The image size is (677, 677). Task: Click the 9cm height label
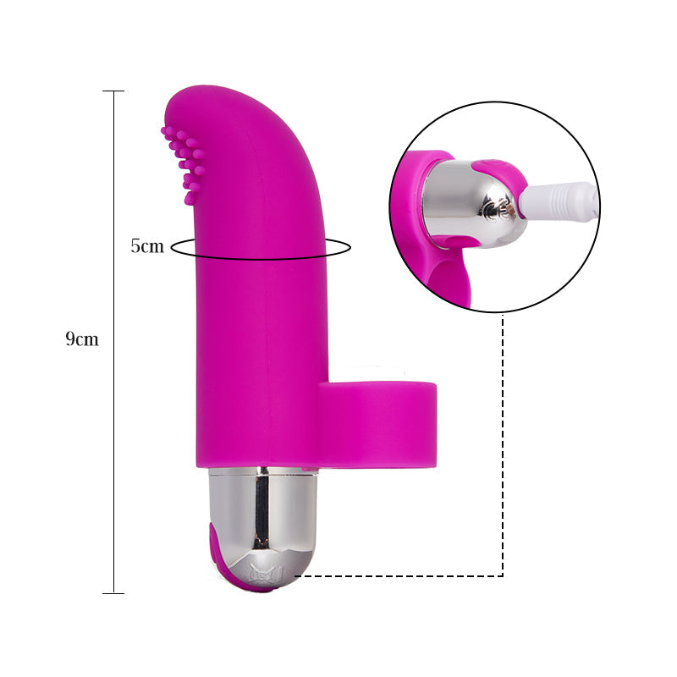(82, 340)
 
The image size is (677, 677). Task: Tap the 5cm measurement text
(146, 247)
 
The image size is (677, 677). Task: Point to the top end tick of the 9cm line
(113, 91)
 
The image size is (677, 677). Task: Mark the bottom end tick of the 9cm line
(113, 592)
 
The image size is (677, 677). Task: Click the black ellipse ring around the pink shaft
(338, 248)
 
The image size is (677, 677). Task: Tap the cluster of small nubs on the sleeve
(184, 162)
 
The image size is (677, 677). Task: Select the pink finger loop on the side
(378, 423)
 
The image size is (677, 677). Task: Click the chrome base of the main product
(262, 516)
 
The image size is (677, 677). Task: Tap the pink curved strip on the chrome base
(223, 559)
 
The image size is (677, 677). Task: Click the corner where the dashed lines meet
(504, 575)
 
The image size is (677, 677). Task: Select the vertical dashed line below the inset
(504, 440)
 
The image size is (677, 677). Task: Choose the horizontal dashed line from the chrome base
(398, 575)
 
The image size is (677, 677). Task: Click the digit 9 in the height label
(71, 340)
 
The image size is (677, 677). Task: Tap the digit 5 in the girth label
(135, 247)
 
